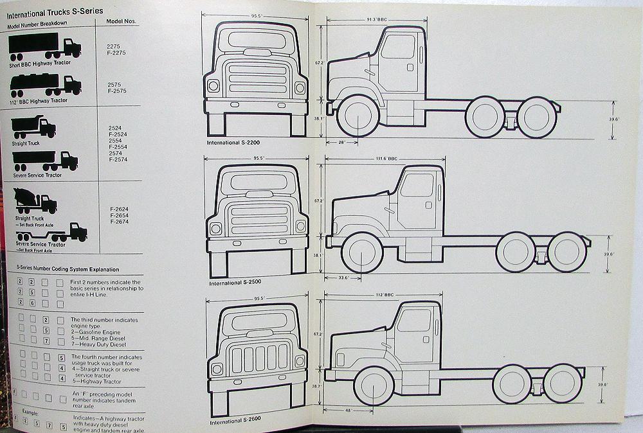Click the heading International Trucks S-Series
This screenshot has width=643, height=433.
[x=54, y=11]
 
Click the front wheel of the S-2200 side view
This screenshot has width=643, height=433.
[x=358, y=116]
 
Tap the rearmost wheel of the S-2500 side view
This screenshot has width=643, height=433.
[x=566, y=252]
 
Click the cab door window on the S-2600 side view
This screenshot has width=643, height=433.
[x=413, y=321]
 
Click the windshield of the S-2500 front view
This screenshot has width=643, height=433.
[x=258, y=181]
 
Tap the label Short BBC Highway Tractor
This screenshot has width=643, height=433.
[x=40, y=63]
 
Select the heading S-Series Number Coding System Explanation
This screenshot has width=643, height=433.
[x=59, y=269]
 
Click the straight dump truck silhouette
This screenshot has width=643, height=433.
[x=33, y=127]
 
